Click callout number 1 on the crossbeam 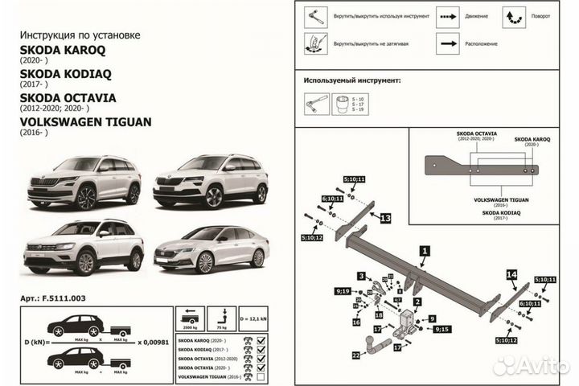(x=424, y=251)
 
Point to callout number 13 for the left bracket (x=385, y=218)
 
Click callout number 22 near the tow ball (x=355, y=355)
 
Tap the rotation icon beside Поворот (x=513, y=15)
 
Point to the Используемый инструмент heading (x=352, y=81)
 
